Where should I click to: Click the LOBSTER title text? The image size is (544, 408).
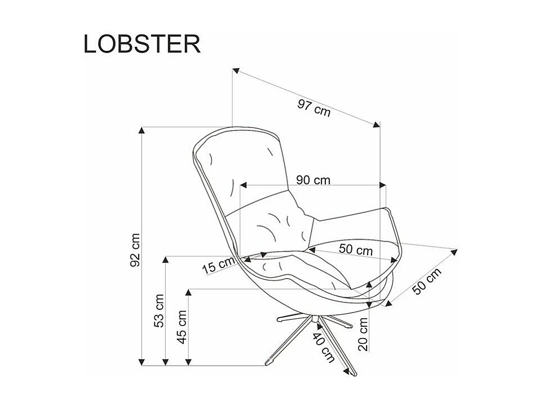click(142, 43)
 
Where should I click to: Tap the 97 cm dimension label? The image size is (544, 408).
click(313, 107)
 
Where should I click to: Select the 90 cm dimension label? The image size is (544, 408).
click(313, 180)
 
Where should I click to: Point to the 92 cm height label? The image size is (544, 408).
click(135, 249)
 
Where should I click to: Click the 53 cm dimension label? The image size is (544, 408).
click(159, 311)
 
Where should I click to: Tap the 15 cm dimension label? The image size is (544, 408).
click(218, 265)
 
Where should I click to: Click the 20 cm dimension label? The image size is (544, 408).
click(363, 334)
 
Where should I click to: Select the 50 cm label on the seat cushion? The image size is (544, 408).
click(356, 249)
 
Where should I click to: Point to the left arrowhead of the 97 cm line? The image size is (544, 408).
click(236, 71)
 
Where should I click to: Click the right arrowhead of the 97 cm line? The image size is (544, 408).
click(375, 125)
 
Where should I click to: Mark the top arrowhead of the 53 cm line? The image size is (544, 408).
click(166, 260)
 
